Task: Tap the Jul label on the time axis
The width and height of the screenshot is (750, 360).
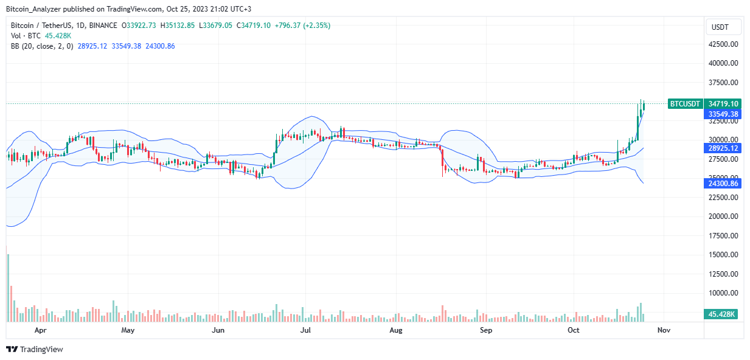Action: tap(306, 331)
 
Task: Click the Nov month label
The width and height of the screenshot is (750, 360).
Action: tap(664, 331)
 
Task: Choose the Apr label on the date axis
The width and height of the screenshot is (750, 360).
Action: tap(40, 331)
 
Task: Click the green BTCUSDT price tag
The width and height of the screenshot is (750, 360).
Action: tap(686, 104)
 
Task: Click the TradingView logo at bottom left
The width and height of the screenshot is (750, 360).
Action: tap(35, 349)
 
